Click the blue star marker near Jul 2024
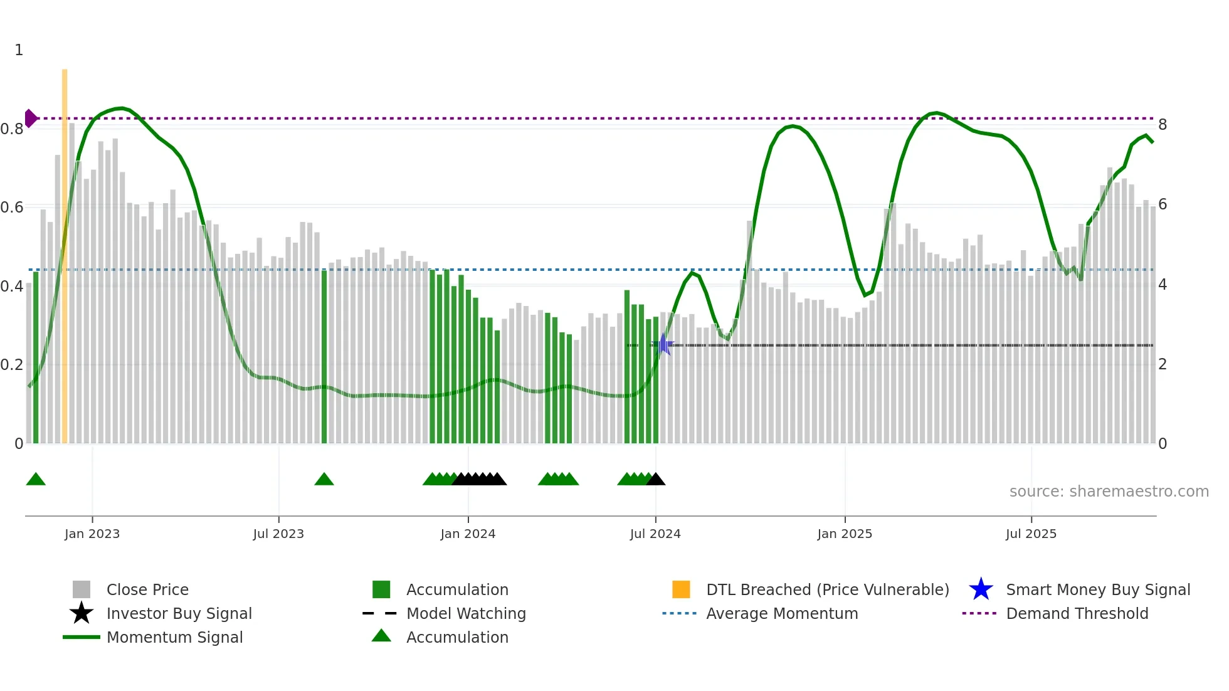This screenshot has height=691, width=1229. [x=663, y=345]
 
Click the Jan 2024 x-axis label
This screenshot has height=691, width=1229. [x=468, y=534]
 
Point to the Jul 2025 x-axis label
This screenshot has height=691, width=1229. [x=1031, y=534]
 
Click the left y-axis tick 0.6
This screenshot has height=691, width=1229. [x=12, y=208]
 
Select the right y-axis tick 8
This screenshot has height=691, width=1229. [x=1163, y=125]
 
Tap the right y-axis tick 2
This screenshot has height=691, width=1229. [x=1163, y=364]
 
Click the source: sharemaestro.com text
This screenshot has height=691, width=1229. [x=1109, y=492]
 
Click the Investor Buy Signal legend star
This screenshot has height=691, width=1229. [x=82, y=613]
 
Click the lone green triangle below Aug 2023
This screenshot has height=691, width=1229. [x=324, y=480]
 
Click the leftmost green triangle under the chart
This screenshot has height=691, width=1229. [x=36, y=480]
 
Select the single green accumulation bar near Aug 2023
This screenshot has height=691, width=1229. [x=324, y=357]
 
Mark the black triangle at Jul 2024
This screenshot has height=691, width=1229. [x=656, y=480]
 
